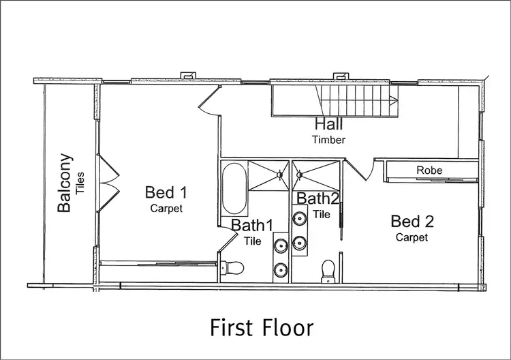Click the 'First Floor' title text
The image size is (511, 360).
click(x=262, y=327)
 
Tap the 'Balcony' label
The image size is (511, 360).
click(x=65, y=183)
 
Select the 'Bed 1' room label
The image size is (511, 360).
click(x=166, y=193)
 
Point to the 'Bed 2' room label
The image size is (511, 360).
click(x=412, y=221)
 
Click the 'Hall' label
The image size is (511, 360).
click(x=328, y=125)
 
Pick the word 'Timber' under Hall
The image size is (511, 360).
click(x=329, y=140)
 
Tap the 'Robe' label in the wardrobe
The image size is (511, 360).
click(x=430, y=170)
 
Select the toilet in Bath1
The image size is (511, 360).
click(x=234, y=269)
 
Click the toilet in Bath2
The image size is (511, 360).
click(x=328, y=269)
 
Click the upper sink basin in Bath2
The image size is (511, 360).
click(x=299, y=218)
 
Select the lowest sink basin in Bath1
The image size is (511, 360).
click(x=280, y=269)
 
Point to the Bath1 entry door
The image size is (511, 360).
click(x=225, y=239)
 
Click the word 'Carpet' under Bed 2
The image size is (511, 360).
click(x=412, y=237)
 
